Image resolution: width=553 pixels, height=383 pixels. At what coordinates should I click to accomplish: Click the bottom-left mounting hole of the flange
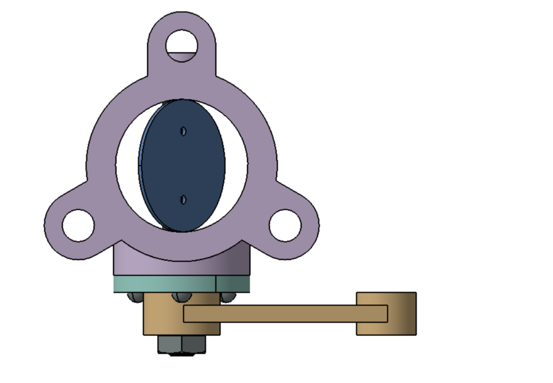78,225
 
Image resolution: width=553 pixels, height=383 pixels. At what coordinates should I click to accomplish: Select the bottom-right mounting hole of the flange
285,225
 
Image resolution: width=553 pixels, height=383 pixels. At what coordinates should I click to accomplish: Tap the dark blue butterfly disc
182,165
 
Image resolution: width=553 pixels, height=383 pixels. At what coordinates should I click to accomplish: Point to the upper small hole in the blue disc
184,131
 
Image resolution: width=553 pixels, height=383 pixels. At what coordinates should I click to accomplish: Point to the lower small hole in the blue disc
184,199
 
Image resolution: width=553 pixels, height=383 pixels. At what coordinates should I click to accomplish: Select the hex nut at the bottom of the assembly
181,344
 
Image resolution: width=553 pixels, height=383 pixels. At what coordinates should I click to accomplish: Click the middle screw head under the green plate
181,296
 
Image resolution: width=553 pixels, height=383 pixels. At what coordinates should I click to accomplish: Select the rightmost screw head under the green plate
226,296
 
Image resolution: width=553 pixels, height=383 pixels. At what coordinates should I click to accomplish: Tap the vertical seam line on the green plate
215,284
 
